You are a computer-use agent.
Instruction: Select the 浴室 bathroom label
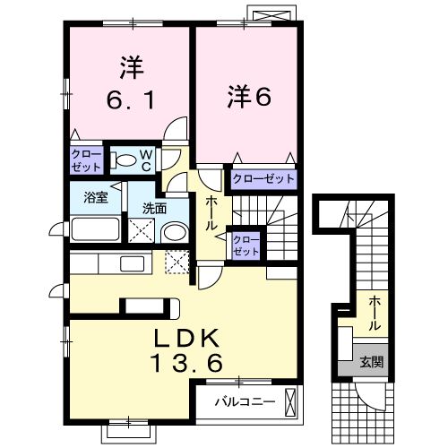coord(96,199)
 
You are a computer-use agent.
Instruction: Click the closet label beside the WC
coord(87,159)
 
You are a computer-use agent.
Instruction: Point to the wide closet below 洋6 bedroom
coord(263,179)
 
